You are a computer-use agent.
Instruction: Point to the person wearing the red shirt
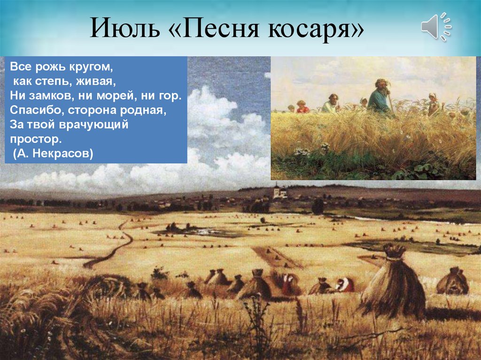pos(302,107)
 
